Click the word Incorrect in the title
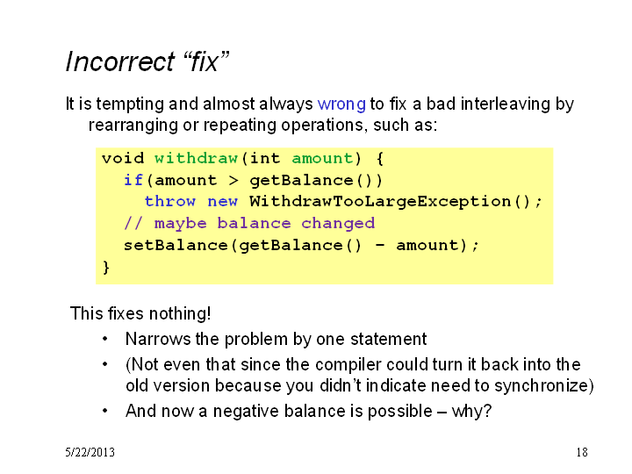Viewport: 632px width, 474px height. [119, 61]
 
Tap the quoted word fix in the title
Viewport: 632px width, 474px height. [205, 61]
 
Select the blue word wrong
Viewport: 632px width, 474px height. [341, 104]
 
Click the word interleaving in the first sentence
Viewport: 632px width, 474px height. [506, 104]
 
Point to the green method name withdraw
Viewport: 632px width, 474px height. [196, 158]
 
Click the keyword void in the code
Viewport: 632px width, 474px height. [123, 158]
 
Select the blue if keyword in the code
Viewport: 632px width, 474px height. [133, 180]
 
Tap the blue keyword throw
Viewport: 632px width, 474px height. [170, 201]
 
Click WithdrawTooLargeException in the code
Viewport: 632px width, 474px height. [380, 202]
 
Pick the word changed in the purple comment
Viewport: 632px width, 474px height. [338, 223]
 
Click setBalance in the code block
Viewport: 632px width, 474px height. [176, 245]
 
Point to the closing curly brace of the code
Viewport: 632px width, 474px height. [106, 267]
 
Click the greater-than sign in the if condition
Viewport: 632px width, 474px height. [233, 180]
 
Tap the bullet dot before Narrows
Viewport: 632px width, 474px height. [104, 339]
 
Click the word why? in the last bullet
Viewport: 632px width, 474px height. [471, 411]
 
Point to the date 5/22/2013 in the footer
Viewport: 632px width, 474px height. [90, 452]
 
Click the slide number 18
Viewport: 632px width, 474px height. [582, 452]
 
